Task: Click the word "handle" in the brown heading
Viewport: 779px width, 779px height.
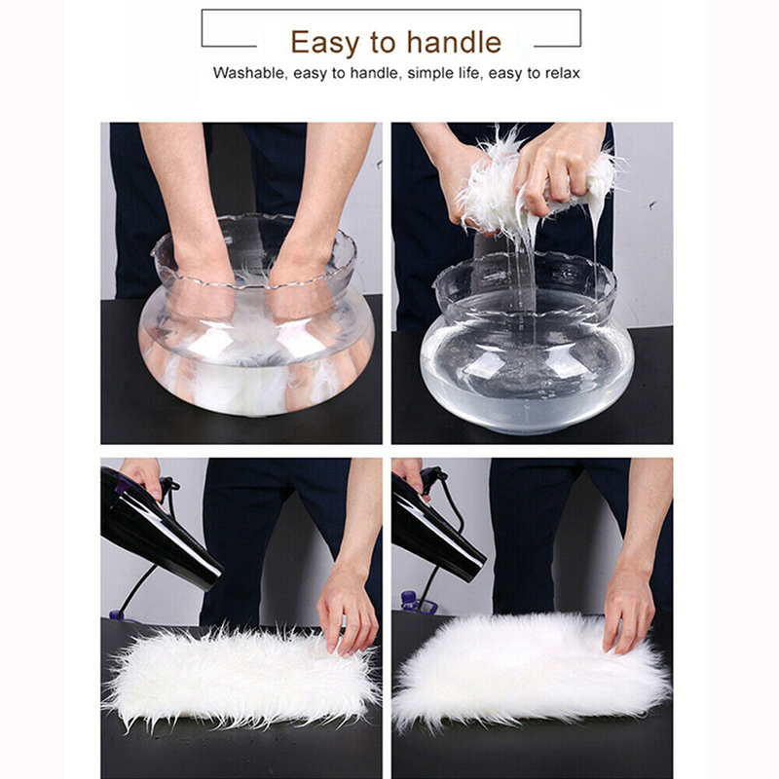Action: tap(454, 42)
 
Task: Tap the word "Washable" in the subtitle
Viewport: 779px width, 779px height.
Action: tap(249, 73)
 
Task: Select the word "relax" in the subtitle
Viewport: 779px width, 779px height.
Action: tap(563, 73)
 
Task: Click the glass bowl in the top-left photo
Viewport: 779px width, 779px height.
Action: tap(256, 315)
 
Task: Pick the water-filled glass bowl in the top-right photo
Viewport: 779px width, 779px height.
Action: tap(527, 343)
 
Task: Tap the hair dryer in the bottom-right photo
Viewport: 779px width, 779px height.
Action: tap(434, 527)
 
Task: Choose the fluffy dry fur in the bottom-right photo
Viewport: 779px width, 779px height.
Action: tap(531, 668)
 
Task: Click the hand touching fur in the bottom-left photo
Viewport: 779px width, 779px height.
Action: tap(347, 609)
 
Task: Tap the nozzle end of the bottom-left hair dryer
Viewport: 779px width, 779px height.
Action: tap(211, 578)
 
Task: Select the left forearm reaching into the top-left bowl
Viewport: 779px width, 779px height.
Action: tap(191, 208)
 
